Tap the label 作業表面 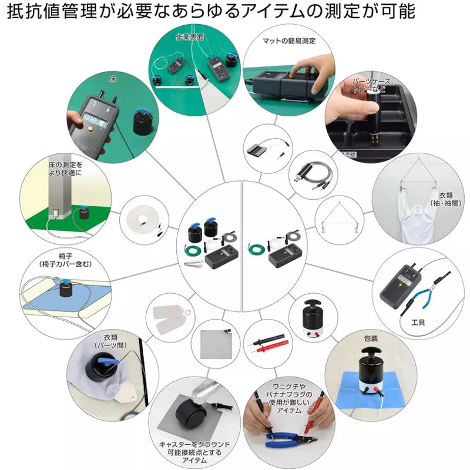(189, 37)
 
